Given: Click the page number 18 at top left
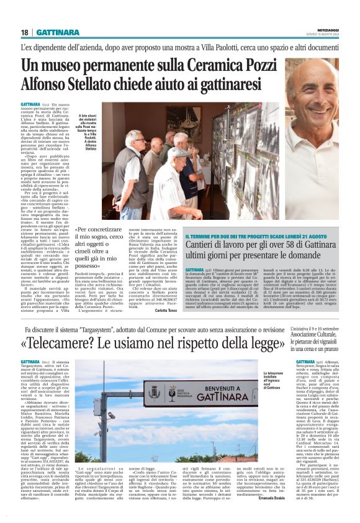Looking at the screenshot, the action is [24, 32].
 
